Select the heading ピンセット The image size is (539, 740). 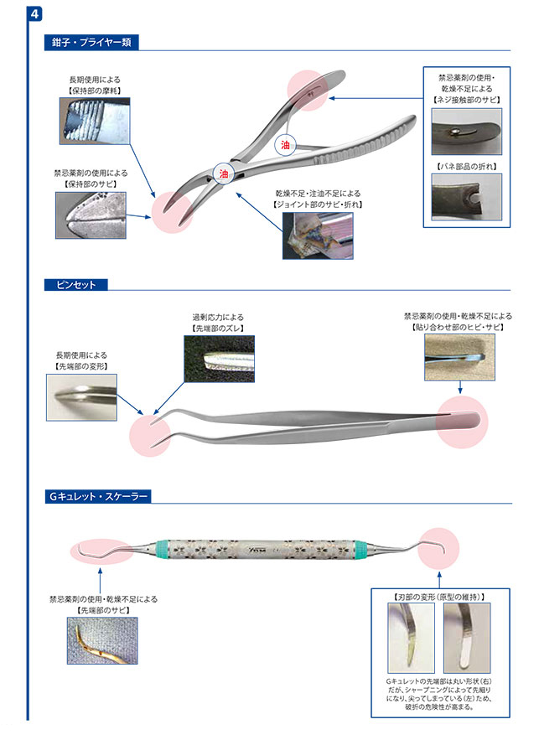click(x=75, y=285)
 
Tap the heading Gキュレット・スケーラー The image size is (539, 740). click(x=99, y=497)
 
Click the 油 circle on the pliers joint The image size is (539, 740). click(x=223, y=174)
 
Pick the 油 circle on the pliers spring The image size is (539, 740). click(x=285, y=144)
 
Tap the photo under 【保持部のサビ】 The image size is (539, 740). click(x=90, y=213)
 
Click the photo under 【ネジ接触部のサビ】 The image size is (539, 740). click(x=468, y=130)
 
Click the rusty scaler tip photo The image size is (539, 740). click(x=102, y=641)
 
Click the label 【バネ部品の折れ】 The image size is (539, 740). click(x=468, y=168)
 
